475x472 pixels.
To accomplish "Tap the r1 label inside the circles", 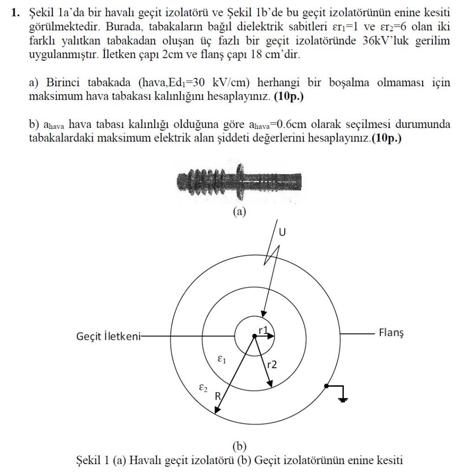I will [263, 330].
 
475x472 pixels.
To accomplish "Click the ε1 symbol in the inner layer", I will [222, 359].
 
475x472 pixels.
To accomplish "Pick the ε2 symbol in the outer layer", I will [202, 388].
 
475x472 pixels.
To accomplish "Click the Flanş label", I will [391, 333].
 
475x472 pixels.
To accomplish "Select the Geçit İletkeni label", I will [108, 336].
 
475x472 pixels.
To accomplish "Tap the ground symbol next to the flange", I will [343, 397].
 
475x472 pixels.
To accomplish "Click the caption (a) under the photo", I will [239, 212].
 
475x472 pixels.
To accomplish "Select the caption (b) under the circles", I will [239, 446].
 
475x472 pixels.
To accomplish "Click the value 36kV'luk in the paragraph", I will [385, 41].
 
